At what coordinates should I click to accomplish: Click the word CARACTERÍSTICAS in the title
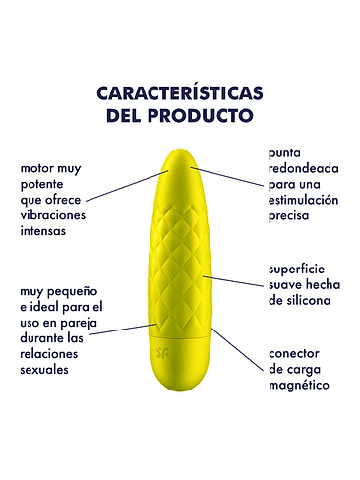[x=179, y=93]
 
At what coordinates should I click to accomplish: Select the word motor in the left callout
[x=38, y=169]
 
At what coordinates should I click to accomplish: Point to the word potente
[x=44, y=185]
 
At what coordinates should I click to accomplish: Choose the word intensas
[x=46, y=233]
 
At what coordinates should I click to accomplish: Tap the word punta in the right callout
[x=286, y=153]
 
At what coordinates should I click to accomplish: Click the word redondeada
[x=304, y=169]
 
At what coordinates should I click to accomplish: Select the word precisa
[x=290, y=216]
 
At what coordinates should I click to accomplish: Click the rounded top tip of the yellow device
[x=180, y=153]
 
